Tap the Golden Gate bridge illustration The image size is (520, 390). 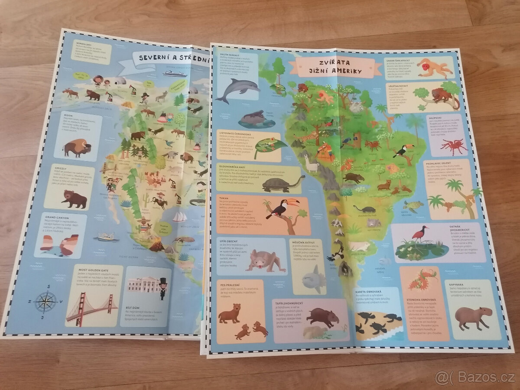point(91,307)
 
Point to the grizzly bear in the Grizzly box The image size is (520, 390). point(74,198)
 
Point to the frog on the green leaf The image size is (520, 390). point(269,146)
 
